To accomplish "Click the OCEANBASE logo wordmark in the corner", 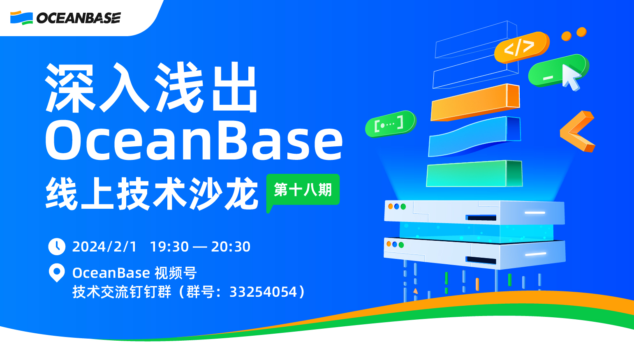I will pos(78,18).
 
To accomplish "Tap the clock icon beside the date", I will pos(57,247).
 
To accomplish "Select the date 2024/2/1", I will pos(104,247).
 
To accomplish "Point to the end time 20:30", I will pos(231,247).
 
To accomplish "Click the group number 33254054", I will pos(263,292).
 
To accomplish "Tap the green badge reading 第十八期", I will pos(303,189).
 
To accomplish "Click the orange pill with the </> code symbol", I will pos(520,47).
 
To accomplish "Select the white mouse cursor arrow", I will pos(571,76).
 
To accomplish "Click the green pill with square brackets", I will pos(390,123).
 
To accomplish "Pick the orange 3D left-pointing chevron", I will pos(577,131).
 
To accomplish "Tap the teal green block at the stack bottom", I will pos(474,174).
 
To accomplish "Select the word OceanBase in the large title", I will pos(194,141).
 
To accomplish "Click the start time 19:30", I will pos(169,247).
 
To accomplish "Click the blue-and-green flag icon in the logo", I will pos(21,18).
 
